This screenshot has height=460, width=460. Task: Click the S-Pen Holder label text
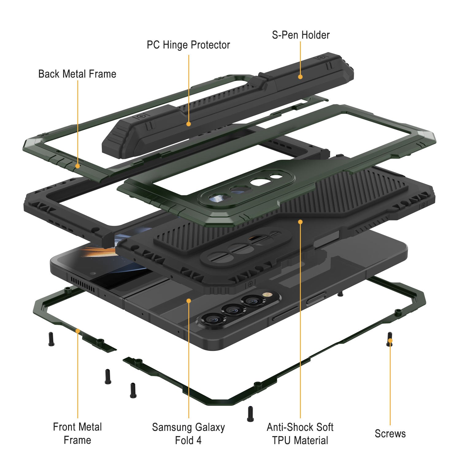(x=301, y=35)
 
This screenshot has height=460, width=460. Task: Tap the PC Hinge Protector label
(x=188, y=45)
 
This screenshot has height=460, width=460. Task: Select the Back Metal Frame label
(x=77, y=74)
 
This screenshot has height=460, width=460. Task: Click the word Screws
(x=390, y=434)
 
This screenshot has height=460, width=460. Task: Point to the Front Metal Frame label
(x=77, y=433)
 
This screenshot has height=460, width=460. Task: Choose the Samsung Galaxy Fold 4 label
(x=188, y=434)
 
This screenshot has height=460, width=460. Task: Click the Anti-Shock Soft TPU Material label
(x=300, y=434)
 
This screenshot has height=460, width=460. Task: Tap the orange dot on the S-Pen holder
(x=300, y=77)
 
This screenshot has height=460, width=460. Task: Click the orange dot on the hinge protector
(x=189, y=124)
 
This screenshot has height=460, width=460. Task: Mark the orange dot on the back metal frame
(x=78, y=166)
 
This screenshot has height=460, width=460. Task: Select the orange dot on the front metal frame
(x=78, y=331)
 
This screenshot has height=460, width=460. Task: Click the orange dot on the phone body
(x=189, y=301)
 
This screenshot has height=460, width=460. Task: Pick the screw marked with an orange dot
(x=390, y=339)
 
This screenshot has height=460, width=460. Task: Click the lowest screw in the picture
(x=250, y=414)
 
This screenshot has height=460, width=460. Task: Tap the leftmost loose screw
(x=51, y=339)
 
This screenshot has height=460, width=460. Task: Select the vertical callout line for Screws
(x=390, y=383)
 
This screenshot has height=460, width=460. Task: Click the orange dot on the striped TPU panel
(x=300, y=222)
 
